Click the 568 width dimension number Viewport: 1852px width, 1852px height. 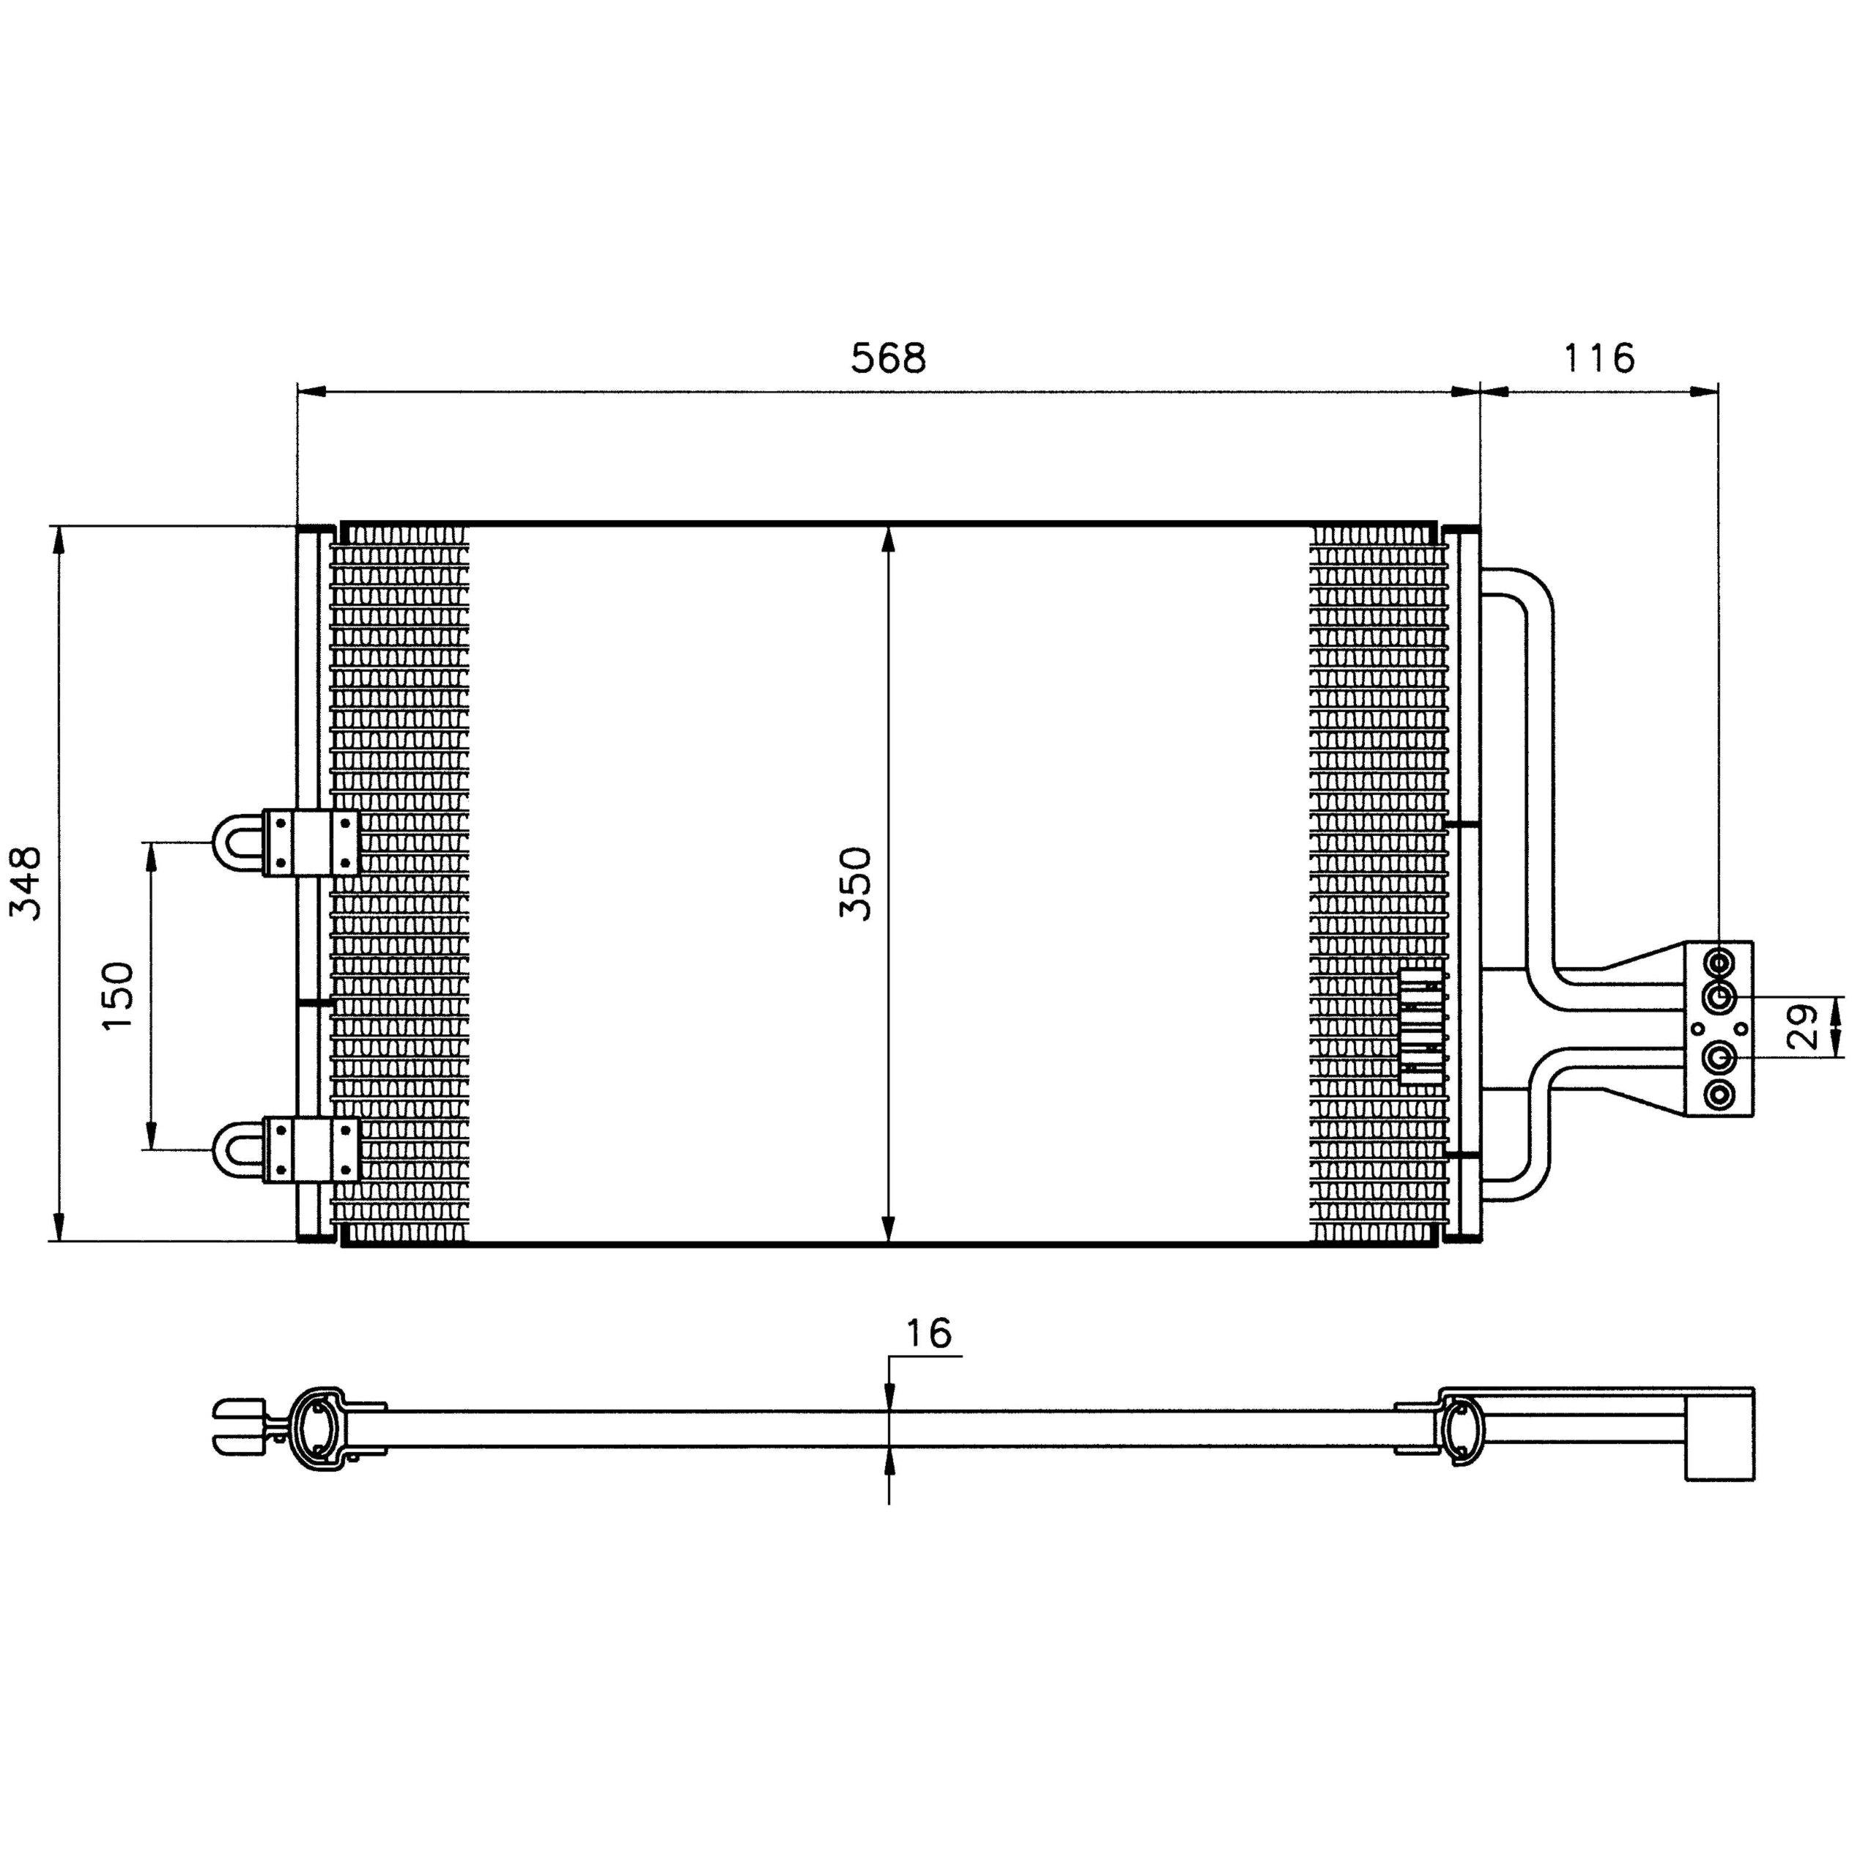(889, 358)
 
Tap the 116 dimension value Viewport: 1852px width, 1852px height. (1599, 358)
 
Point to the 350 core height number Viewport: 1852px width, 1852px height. (856, 883)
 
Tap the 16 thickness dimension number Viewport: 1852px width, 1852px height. (928, 1333)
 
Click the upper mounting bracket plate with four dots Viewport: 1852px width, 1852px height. (311, 842)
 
